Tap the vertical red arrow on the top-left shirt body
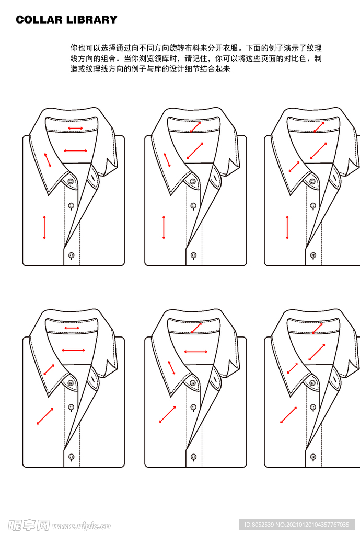coord(44,227)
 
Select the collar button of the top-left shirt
coord(70,181)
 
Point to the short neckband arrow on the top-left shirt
coord(75,128)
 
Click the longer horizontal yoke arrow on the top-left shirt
coord(75,151)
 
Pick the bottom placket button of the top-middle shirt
coord(193,255)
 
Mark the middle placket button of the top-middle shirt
coord(193,206)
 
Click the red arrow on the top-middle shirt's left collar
coord(167,160)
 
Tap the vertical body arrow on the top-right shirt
coord(287,227)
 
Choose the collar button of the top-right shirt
coord(313,181)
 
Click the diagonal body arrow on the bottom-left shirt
coord(45,416)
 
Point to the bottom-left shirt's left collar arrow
coord(49,369)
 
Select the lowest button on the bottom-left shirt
coord(71,457)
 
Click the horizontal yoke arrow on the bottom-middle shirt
coord(195,352)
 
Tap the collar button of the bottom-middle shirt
coord(193,383)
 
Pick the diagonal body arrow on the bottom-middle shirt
coord(168,414)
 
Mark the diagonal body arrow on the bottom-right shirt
coord(288,415)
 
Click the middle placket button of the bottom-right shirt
coord(313,407)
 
